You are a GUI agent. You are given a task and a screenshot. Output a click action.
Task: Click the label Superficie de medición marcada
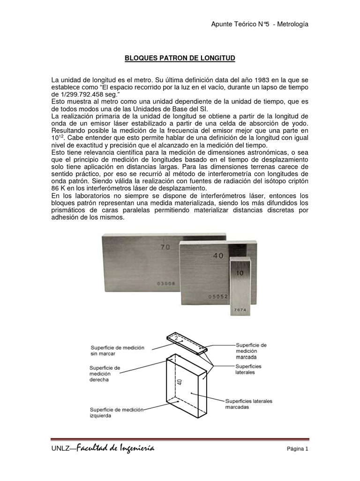[x=251, y=350]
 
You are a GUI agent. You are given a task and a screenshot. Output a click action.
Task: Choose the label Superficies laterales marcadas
[x=248, y=404]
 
